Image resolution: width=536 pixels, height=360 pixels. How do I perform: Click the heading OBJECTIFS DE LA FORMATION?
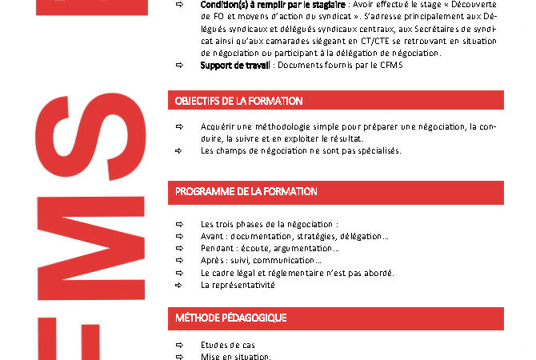(239, 101)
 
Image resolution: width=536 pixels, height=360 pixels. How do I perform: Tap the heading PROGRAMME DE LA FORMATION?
(246, 192)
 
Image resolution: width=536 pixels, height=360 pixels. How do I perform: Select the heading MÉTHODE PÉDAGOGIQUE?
(231, 318)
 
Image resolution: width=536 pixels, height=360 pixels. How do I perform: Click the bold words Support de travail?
(234, 65)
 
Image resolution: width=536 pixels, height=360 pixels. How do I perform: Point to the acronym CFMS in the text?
(390, 65)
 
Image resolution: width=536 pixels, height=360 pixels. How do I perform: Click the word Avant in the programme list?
(212, 236)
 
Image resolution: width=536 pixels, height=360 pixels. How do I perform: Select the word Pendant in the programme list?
(217, 248)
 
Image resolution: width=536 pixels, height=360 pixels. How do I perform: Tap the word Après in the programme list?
(212, 260)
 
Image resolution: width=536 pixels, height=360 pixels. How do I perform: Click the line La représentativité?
(238, 284)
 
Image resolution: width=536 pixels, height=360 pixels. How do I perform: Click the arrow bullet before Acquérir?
(180, 126)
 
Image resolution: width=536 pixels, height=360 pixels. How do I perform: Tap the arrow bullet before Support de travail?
(180, 65)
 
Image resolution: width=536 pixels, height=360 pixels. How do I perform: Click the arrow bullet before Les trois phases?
(180, 224)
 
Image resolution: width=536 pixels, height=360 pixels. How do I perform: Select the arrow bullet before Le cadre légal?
(180, 272)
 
